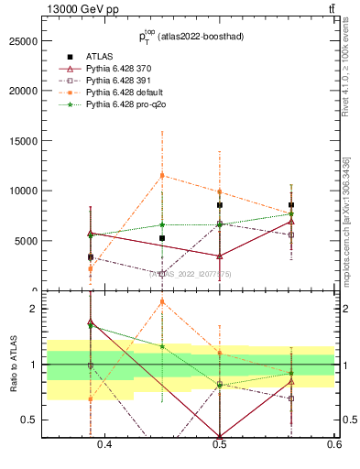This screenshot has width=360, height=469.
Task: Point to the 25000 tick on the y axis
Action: click(22, 41)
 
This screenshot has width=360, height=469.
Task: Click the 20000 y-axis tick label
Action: click(22, 92)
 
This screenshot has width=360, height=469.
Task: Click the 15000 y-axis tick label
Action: click(22, 141)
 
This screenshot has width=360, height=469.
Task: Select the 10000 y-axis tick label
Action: click(22, 191)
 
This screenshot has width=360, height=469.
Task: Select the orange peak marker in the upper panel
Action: click(162, 175)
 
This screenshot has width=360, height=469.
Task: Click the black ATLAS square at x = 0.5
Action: click(220, 205)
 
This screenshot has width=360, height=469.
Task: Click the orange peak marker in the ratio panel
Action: click(162, 301)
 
